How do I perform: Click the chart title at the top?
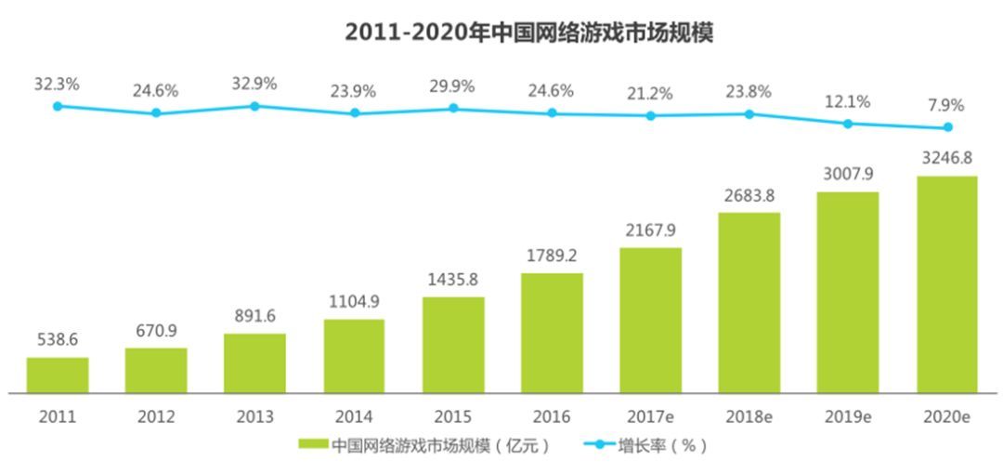528,33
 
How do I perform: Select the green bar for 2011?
58,375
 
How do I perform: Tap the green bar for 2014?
354,356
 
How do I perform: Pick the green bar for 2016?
552,333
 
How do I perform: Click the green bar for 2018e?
749,302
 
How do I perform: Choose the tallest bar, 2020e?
947,283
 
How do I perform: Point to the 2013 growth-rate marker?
254,107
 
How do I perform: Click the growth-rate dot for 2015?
453,109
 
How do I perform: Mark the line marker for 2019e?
847,124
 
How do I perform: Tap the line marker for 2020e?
947,127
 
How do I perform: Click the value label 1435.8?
452,280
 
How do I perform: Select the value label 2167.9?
650,230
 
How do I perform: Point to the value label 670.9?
155,331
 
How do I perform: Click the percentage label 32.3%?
57,85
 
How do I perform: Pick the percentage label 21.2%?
650,92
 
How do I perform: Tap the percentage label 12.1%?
847,101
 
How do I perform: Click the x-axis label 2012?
156,417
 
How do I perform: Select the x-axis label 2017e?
650,417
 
